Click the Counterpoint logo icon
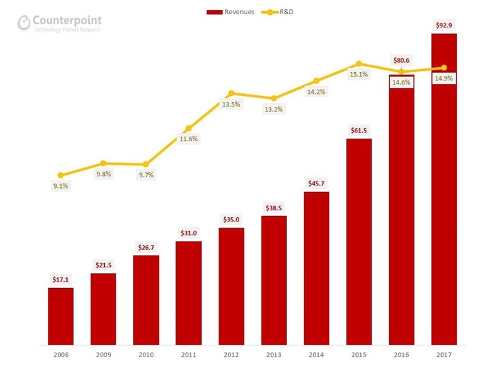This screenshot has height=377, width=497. (24, 22)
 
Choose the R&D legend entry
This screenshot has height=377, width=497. (280, 12)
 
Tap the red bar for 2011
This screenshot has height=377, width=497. (188, 292)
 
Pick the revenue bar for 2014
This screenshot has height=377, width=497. (316, 268)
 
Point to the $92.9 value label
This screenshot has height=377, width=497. (444, 26)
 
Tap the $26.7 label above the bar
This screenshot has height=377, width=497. (146, 247)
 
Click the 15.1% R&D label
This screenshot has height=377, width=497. (359, 75)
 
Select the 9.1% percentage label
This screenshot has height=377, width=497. (61, 185)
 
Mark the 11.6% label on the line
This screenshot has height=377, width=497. (189, 139)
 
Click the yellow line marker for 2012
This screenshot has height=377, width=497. (231, 93)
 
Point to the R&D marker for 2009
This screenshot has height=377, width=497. (103, 163)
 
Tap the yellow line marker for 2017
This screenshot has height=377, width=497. (444, 67)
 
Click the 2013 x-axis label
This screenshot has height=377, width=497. (273, 354)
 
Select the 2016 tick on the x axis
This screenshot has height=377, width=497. (401, 354)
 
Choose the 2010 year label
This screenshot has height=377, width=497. (146, 354)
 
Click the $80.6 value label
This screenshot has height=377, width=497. (401, 60)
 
